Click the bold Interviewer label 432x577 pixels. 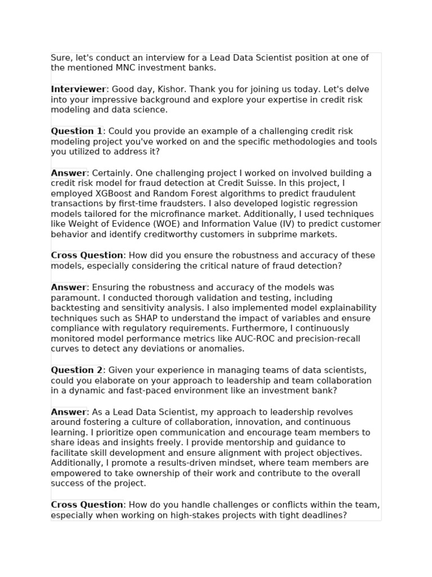[78, 89]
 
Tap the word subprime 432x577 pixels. [269, 234]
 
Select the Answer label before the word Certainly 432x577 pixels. [69, 173]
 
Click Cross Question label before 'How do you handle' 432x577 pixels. [87, 505]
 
